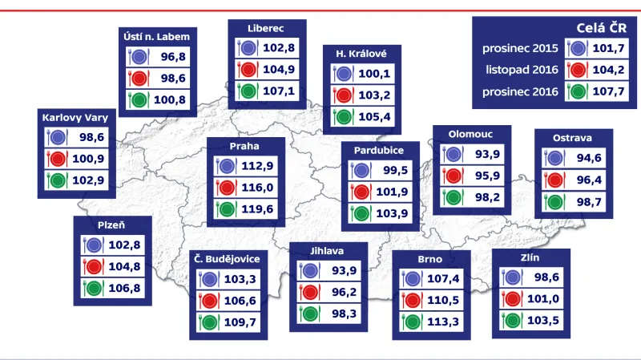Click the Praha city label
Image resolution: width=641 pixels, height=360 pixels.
coord(244,147)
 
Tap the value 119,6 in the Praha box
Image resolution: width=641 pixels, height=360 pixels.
coord(258,212)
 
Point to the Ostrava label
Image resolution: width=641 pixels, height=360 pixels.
coord(572,138)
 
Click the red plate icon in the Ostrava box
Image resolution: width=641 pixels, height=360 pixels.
coord(552,180)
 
